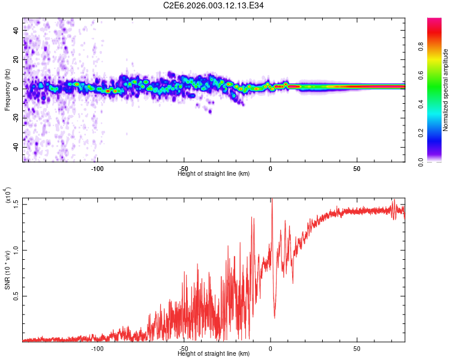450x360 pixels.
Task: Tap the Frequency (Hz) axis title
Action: click(7, 88)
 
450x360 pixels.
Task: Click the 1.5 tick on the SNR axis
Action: click(16, 204)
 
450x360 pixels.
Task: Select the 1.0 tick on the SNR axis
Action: click(16, 250)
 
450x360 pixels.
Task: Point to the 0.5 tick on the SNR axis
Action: click(16, 296)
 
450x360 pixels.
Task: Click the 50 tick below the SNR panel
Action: click(356, 348)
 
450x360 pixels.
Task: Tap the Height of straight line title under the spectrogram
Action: click(214, 173)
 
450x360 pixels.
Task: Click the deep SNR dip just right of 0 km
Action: click(275, 317)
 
